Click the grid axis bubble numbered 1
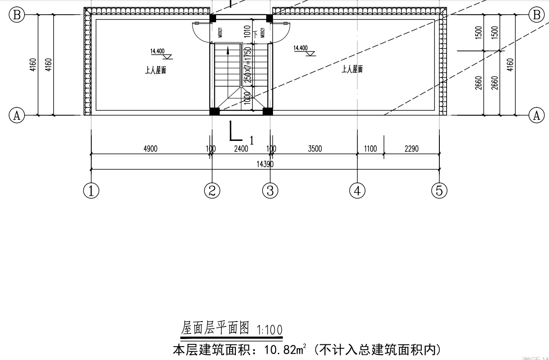coord(91,191)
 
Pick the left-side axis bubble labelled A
coord(17,115)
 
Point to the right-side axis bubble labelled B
coord(536,15)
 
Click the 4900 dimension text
coord(150,149)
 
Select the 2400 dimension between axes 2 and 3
coord(241,149)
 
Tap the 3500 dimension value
coord(315,149)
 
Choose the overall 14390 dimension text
coord(265,164)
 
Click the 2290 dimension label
coord(411,149)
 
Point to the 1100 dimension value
coord(370,149)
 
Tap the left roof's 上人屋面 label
coord(156,70)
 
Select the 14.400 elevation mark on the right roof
coord(301,48)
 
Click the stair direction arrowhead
coord(228,51)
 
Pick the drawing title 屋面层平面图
coord(215,329)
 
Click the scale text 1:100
coord(270,330)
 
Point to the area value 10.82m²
coord(285,349)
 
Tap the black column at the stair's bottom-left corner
coord(214,111)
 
